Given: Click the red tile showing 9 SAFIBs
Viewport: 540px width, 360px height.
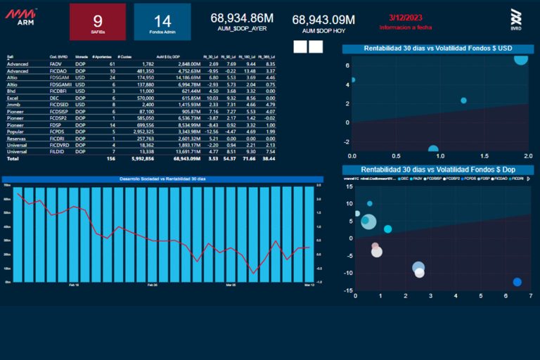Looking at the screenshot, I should pos(98,22).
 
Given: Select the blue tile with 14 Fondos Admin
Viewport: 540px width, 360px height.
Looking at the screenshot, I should pos(162,22).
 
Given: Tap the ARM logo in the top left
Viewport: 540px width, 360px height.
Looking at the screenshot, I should pos(20,16).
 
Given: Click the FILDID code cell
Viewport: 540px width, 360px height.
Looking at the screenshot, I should pos(57,151).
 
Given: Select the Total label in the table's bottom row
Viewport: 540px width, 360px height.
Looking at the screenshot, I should pos(13,159).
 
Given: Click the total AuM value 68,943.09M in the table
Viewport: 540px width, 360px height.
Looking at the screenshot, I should pos(187,159).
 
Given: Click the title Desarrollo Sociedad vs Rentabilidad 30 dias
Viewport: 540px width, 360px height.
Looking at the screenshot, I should pos(162,179).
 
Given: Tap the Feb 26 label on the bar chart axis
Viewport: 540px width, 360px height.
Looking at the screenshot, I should pos(152,285).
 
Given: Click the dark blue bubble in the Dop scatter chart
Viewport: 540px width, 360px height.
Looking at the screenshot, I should pos(517,282).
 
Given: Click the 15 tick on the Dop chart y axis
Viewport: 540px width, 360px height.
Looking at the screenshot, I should pos(350,187).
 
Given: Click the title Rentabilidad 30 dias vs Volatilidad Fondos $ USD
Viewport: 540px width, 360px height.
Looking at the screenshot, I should pos(437,49).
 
